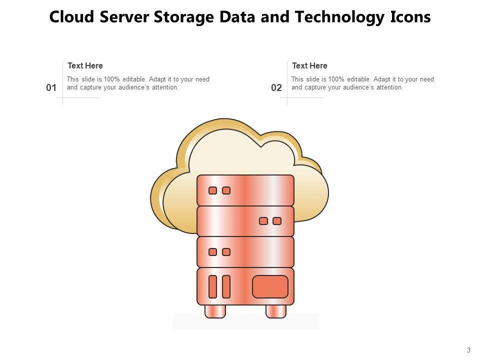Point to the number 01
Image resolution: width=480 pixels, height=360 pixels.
point(51,88)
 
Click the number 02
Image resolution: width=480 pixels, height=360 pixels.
point(276,88)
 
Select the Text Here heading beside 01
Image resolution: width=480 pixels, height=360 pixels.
point(85,65)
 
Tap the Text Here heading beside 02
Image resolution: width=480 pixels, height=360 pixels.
point(309,65)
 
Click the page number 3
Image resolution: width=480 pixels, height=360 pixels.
point(468,350)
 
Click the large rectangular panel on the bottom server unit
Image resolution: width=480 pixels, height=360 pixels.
point(270,286)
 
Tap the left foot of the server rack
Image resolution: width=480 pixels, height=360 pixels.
point(215,311)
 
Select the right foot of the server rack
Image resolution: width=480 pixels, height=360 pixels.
point(275,311)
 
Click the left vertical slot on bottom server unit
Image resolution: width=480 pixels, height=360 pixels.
point(212,286)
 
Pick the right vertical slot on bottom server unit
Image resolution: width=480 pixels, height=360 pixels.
point(226,286)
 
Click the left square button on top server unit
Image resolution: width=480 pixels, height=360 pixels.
point(212,190)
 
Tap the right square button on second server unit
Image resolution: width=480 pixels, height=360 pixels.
point(277,221)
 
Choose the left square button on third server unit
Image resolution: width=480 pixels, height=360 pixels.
point(212,252)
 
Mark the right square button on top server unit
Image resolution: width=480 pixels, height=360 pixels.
point(226,190)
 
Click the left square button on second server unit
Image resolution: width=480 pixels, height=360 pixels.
point(263,221)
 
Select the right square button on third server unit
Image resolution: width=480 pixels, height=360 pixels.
point(226,252)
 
